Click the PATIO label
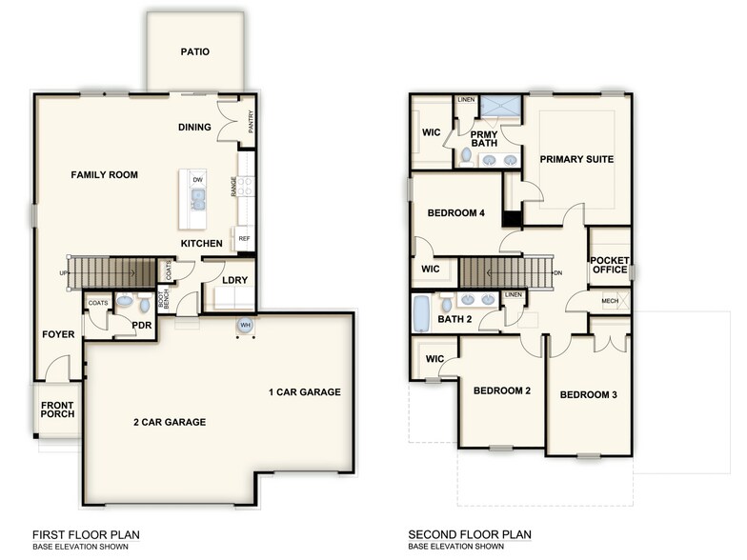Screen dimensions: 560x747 point(194,52)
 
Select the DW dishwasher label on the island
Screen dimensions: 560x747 point(197,180)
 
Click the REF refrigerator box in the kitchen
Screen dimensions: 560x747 point(244,239)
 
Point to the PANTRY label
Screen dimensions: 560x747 point(251,123)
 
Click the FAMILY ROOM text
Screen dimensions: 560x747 point(104,175)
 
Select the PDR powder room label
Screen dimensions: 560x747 point(143,324)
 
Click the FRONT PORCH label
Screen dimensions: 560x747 point(57,411)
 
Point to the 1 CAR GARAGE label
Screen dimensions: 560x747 point(304,392)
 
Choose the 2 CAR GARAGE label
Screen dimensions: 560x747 point(169,422)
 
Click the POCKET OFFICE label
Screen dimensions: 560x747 point(609,265)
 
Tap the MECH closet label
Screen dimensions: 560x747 point(610,302)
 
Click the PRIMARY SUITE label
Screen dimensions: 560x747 point(576,159)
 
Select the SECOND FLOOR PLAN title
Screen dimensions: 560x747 point(470,535)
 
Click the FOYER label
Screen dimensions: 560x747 point(57,334)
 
